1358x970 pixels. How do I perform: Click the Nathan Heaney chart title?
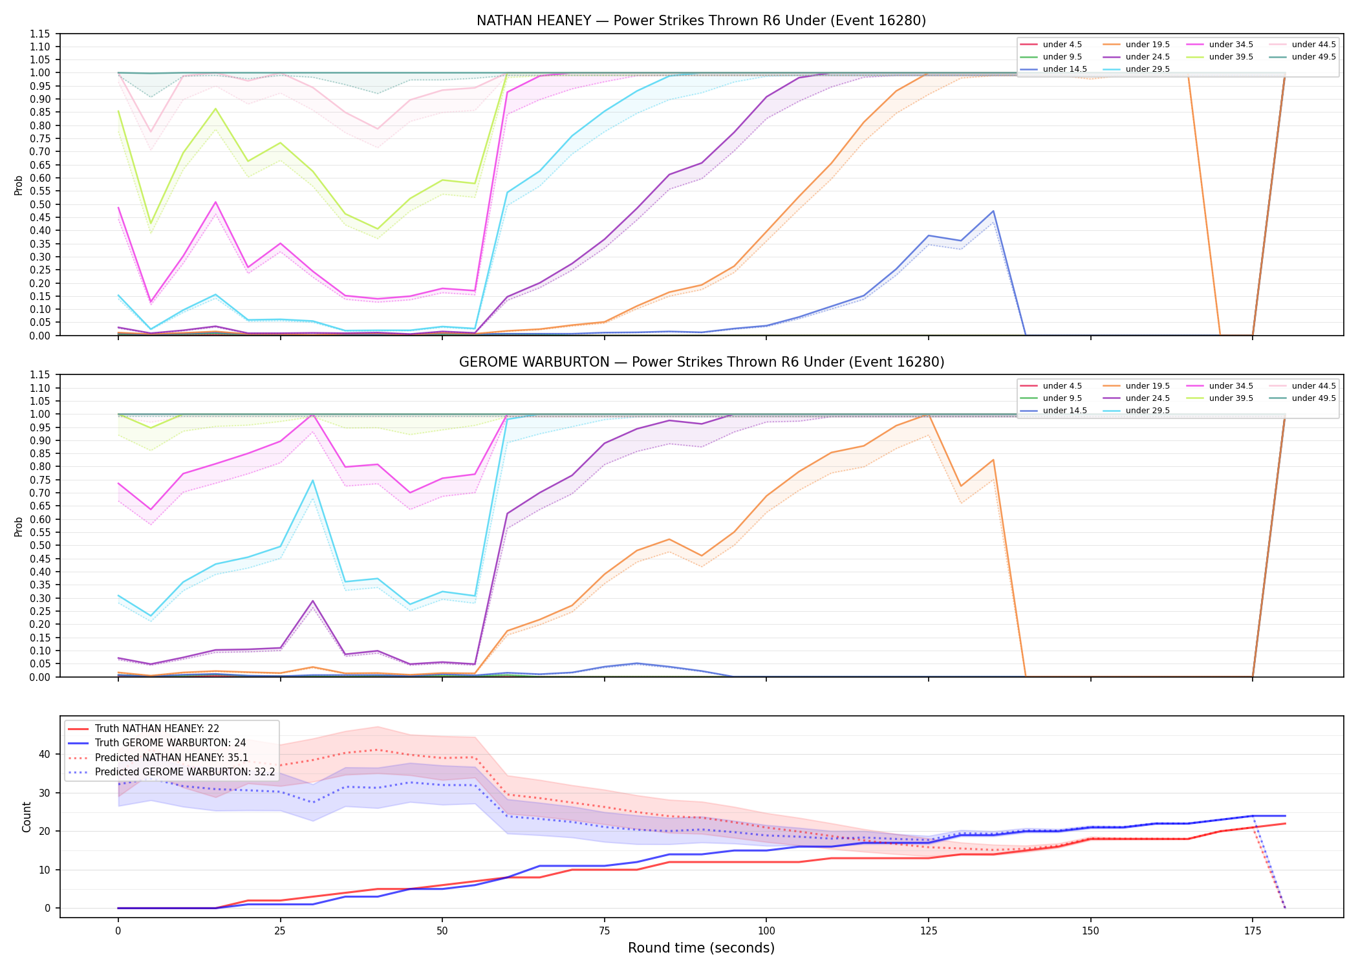click(x=701, y=21)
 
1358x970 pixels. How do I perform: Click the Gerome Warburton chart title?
click(x=701, y=362)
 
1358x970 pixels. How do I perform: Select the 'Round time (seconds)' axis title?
click(x=701, y=948)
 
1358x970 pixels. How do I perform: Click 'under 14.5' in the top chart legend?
click(x=1064, y=69)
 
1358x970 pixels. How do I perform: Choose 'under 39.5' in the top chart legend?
click(x=1231, y=57)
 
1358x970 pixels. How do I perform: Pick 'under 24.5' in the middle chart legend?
click(x=1147, y=398)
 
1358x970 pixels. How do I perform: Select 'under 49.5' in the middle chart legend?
click(x=1313, y=398)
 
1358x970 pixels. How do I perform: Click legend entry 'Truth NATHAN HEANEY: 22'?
click(x=157, y=729)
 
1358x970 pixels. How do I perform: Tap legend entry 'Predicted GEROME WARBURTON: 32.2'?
click(x=185, y=772)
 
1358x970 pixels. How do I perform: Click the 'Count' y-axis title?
click(x=27, y=817)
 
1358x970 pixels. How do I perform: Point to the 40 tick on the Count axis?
click(x=45, y=754)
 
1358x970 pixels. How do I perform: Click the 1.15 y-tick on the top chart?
click(x=40, y=34)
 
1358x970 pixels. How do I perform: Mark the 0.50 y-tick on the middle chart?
click(x=40, y=546)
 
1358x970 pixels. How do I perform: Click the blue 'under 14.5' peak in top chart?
click(x=993, y=211)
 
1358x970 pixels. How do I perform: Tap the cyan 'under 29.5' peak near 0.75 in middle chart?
click(x=313, y=480)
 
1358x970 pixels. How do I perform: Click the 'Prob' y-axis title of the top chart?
click(x=19, y=185)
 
